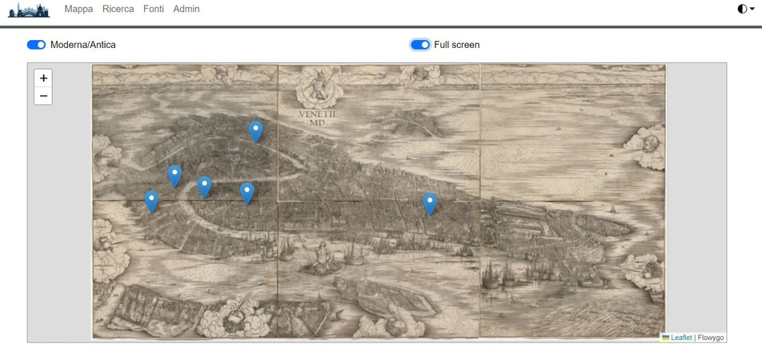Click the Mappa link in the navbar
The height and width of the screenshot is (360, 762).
(78, 9)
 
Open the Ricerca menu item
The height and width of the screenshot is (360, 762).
(118, 9)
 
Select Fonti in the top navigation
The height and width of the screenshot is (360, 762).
(154, 9)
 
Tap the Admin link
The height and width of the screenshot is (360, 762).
(186, 9)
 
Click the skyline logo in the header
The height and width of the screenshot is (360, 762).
(29, 10)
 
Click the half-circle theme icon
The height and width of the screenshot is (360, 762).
(742, 9)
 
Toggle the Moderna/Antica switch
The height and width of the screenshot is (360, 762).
(37, 45)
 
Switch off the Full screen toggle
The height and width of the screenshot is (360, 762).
(420, 45)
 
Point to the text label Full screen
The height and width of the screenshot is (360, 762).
(456, 45)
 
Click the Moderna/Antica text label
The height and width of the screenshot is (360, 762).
(82, 45)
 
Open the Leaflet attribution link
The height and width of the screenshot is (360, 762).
(681, 338)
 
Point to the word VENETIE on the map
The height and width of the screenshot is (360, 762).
(319, 114)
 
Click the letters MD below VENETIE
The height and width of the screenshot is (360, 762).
(319, 122)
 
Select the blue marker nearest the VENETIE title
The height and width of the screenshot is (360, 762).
(255, 130)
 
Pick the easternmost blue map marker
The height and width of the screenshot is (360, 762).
(430, 203)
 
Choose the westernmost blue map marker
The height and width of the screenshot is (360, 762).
(151, 201)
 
